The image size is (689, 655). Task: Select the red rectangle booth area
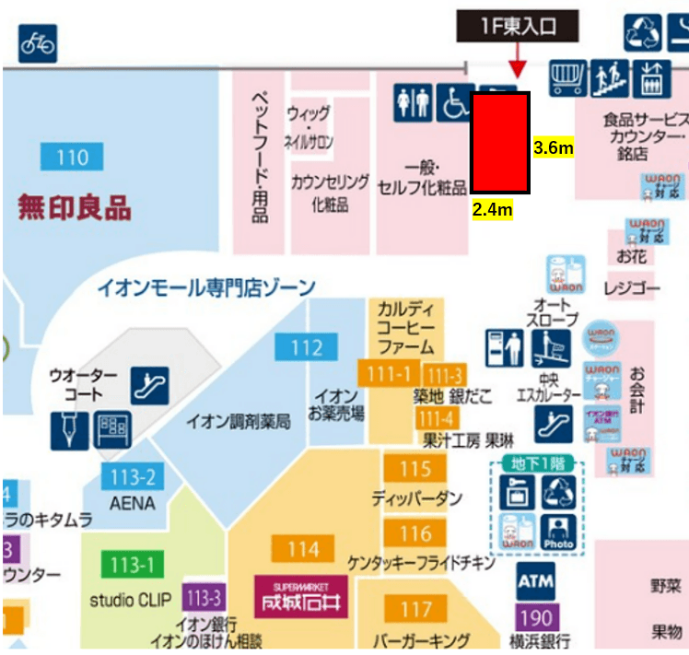pos(500,143)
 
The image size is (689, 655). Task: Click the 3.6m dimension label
pos(555,147)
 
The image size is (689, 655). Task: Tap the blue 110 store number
pos(73,158)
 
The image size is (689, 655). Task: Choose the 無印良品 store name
pos(75,206)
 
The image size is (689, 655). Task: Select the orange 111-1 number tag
pos(395,374)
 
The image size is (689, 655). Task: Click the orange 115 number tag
pos(415,469)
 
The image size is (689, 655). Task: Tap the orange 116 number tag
pos(415,533)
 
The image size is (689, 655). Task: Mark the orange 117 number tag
pos(415,609)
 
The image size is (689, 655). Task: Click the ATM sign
pos(535,581)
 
